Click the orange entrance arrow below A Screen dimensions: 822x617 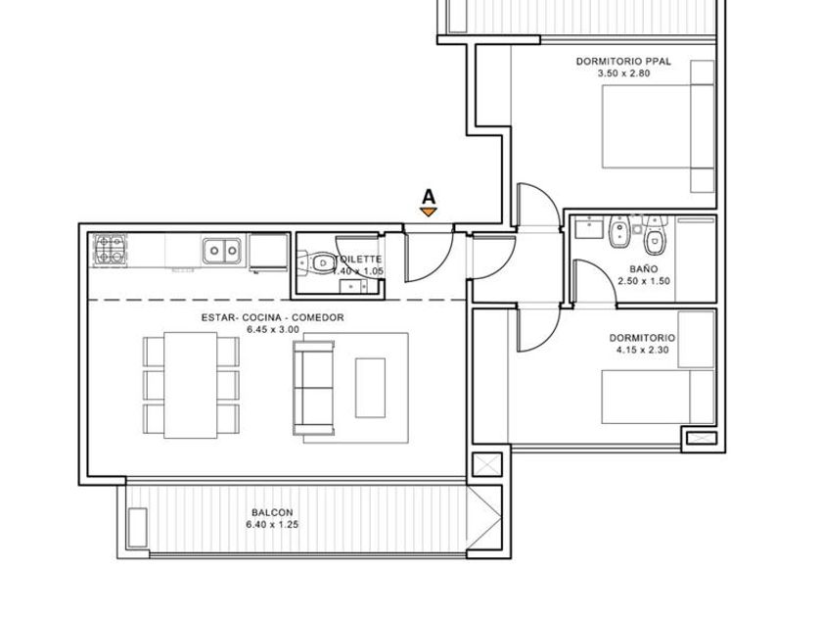coord(429,212)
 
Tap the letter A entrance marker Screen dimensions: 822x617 coord(429,197)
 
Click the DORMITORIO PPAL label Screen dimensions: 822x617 coord(623,62)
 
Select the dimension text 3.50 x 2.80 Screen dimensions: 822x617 coord(623,73)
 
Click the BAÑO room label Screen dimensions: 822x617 coord(643,269)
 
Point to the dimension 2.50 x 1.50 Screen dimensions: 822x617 coord(644,281)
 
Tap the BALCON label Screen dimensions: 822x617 coord(272,512)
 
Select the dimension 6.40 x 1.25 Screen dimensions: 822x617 coord(272,525)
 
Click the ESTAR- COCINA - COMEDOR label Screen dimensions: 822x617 coord(273,317)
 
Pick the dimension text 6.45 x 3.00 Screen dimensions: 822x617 coord(273,330)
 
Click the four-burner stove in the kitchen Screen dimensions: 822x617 coord(110,249)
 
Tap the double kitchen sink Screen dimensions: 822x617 coord(222,251)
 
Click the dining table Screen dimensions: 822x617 coord(190,385)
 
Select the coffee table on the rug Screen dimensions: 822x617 coord(370,388)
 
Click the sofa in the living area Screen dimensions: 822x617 coord(313,388)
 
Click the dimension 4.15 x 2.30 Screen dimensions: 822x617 coord(643,350)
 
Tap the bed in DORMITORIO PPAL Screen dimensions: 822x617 coord(658,126)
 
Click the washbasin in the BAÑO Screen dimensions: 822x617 coord(589,229)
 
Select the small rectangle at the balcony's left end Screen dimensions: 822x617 coord(137,527)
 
